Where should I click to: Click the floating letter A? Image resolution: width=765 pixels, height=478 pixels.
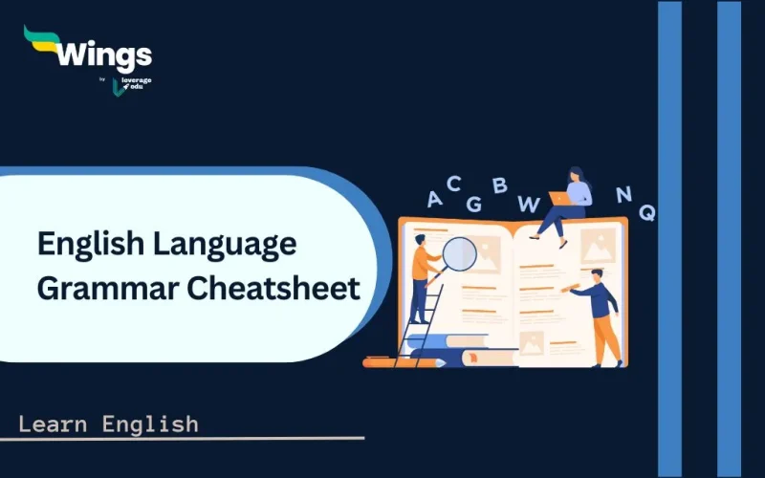[435, 199]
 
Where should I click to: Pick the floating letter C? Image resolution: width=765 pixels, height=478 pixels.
[454, 183]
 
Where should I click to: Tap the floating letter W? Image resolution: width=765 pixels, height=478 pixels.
[528, 203]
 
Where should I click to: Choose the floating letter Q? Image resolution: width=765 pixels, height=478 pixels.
[647, 212]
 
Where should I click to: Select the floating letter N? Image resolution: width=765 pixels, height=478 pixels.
[623, 194]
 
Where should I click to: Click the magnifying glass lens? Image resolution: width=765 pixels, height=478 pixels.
[460, 253]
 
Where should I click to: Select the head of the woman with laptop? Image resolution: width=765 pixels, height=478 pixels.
[576, 176]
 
